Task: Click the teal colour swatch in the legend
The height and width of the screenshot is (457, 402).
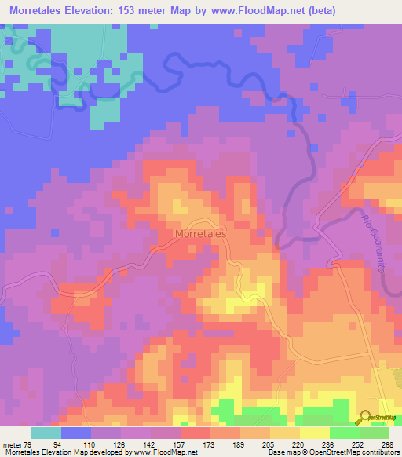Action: (46, 433)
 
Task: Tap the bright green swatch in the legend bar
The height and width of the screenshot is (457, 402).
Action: (344, 433)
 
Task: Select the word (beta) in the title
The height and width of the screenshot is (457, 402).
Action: (373, 11)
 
